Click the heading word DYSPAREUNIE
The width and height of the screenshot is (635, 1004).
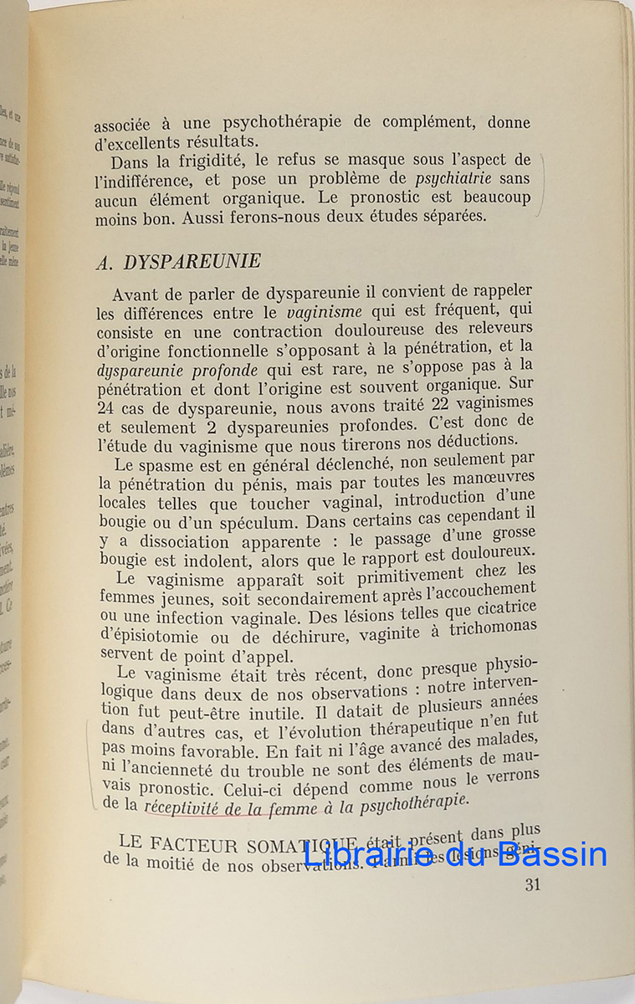(192, 261)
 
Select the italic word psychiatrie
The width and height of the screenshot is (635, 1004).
(453, 178)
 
